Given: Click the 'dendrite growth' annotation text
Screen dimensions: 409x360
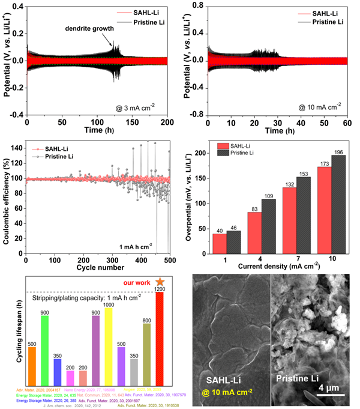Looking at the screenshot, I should pyautogui.click(x=97, y=28).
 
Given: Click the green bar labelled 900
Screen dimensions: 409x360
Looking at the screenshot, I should pyautogui.click(x=44, y=342).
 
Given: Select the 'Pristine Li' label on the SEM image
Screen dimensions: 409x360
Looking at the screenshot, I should pyautogui.click(x=298, y=379).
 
